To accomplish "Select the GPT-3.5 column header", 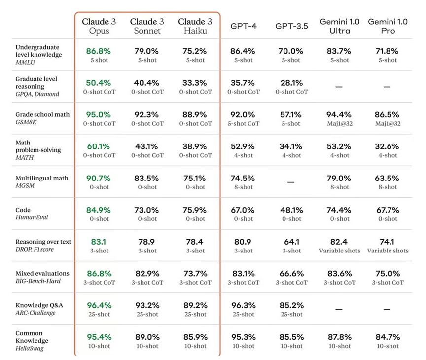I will coord(291,26).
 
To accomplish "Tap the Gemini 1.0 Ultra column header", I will coord(340,26).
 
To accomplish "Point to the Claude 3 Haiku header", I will coord(195,26).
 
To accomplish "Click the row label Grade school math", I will coord(42,114).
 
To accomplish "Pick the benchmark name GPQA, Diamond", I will coord(37,94).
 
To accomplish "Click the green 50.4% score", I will coord(99,83).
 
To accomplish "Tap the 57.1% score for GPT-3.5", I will coord(291,114).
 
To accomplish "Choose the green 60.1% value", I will coord(99,146).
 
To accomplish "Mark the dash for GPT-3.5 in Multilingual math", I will coord(291,182).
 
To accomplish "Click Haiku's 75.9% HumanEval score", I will coord(195,210).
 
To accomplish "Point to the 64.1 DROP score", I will coord(291,242).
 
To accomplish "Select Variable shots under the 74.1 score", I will coord(388,251).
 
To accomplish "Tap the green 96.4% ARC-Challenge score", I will coord(99,305).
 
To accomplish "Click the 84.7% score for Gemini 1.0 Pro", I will coord(388,337).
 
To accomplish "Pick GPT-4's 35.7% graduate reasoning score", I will coord(244,83).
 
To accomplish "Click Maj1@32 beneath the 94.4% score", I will coord(340,123).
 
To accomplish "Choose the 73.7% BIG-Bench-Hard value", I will coord(195,274).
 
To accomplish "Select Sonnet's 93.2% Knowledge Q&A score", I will coord(147,305).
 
